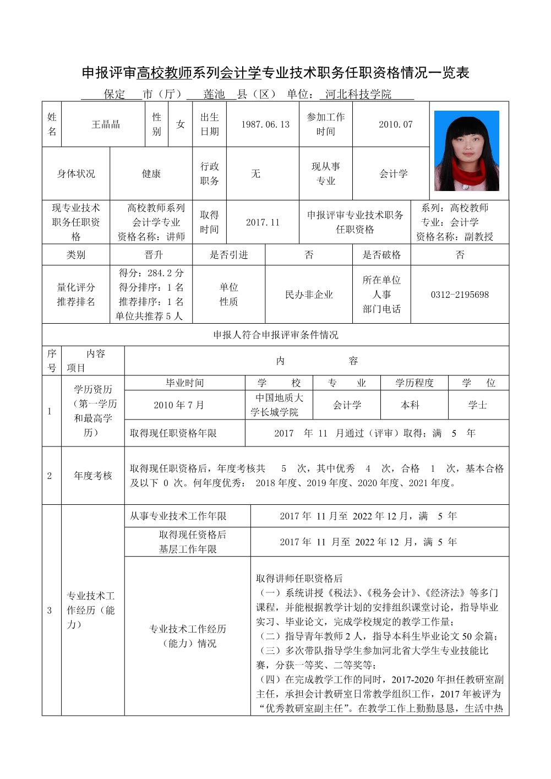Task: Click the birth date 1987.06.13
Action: [265, 124]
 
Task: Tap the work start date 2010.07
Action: [395, 124]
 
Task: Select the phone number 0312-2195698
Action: [460, 295]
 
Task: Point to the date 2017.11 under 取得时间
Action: [263, 222]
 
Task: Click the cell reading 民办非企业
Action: [309, 295]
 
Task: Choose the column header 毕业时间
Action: [185, 383]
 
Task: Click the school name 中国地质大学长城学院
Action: [279, 405]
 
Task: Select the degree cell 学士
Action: [477, 405]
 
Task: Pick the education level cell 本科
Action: [410, 405]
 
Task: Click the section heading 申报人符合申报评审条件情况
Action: [276, 335]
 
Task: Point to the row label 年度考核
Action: [93, 476]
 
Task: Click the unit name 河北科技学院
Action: [358, 94]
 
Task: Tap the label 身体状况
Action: [76, 173]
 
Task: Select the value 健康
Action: [151, 173]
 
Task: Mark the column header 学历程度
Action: [414, 383]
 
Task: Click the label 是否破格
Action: [381, 255]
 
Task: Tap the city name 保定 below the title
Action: [114, 94]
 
